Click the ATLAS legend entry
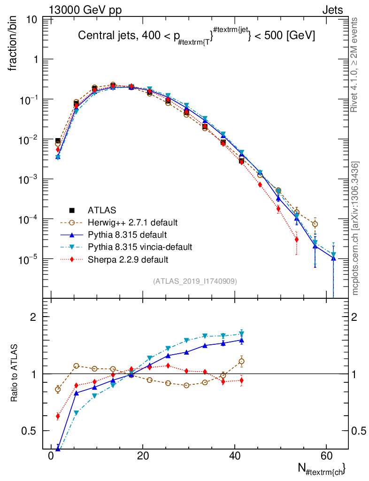tap(101, 209)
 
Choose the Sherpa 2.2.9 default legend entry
tap(128, 259)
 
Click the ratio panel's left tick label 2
tap(33, 317)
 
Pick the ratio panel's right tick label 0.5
tap(359, 431)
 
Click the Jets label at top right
tap(332, 10)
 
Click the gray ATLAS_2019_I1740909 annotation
tap(195, 281)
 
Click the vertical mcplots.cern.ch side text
tap(355, 228)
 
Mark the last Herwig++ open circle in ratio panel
tap(241, 361)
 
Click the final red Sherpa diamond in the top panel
tap(297, 240)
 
